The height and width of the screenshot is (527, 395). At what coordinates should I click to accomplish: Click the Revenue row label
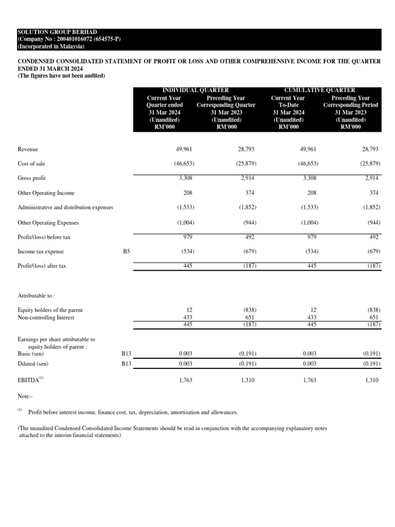(28, 149)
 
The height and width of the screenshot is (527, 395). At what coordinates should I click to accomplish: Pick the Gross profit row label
(32, 178)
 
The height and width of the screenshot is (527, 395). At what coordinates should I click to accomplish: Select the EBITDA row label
(30, 381)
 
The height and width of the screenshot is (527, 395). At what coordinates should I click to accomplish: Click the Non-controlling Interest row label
(46, 318)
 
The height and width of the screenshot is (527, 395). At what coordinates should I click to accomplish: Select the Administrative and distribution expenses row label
(65, 207)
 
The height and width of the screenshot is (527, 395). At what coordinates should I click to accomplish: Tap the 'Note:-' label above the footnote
(26, 397)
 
